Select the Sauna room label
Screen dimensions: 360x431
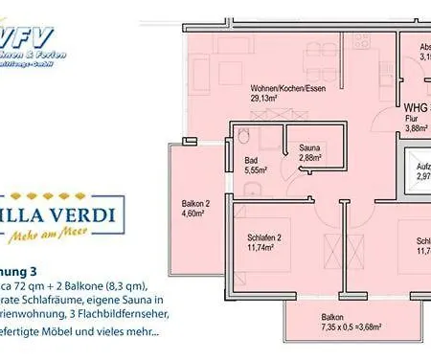tap(309, 147)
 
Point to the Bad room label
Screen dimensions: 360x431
tap(252, 159)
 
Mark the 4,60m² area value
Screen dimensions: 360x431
tap(195, 214)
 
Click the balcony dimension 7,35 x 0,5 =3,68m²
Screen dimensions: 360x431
tap(333, 332)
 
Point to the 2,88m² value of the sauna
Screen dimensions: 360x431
tap(309, 157)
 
